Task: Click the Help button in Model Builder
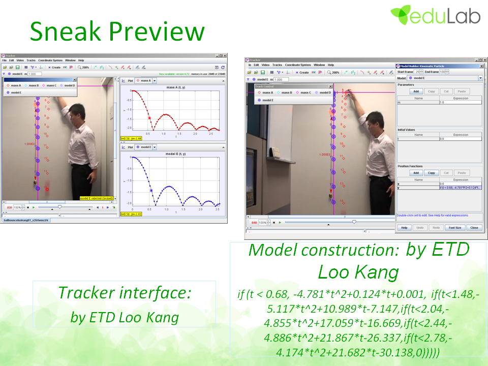point(405,228)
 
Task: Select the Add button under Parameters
point(416,91)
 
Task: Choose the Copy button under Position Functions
point(431,173)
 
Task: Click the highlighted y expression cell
point(461,188)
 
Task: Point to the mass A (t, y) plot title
point(176,87)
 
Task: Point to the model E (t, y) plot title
point(175,154)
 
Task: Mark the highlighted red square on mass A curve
point(150,118)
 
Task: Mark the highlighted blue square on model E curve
point(151,190)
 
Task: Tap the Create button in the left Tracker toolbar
point(54,67)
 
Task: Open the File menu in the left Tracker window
point(5,60)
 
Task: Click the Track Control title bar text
point(264,86)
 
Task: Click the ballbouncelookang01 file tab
point(26,220)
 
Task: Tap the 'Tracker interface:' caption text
point(124,293)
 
